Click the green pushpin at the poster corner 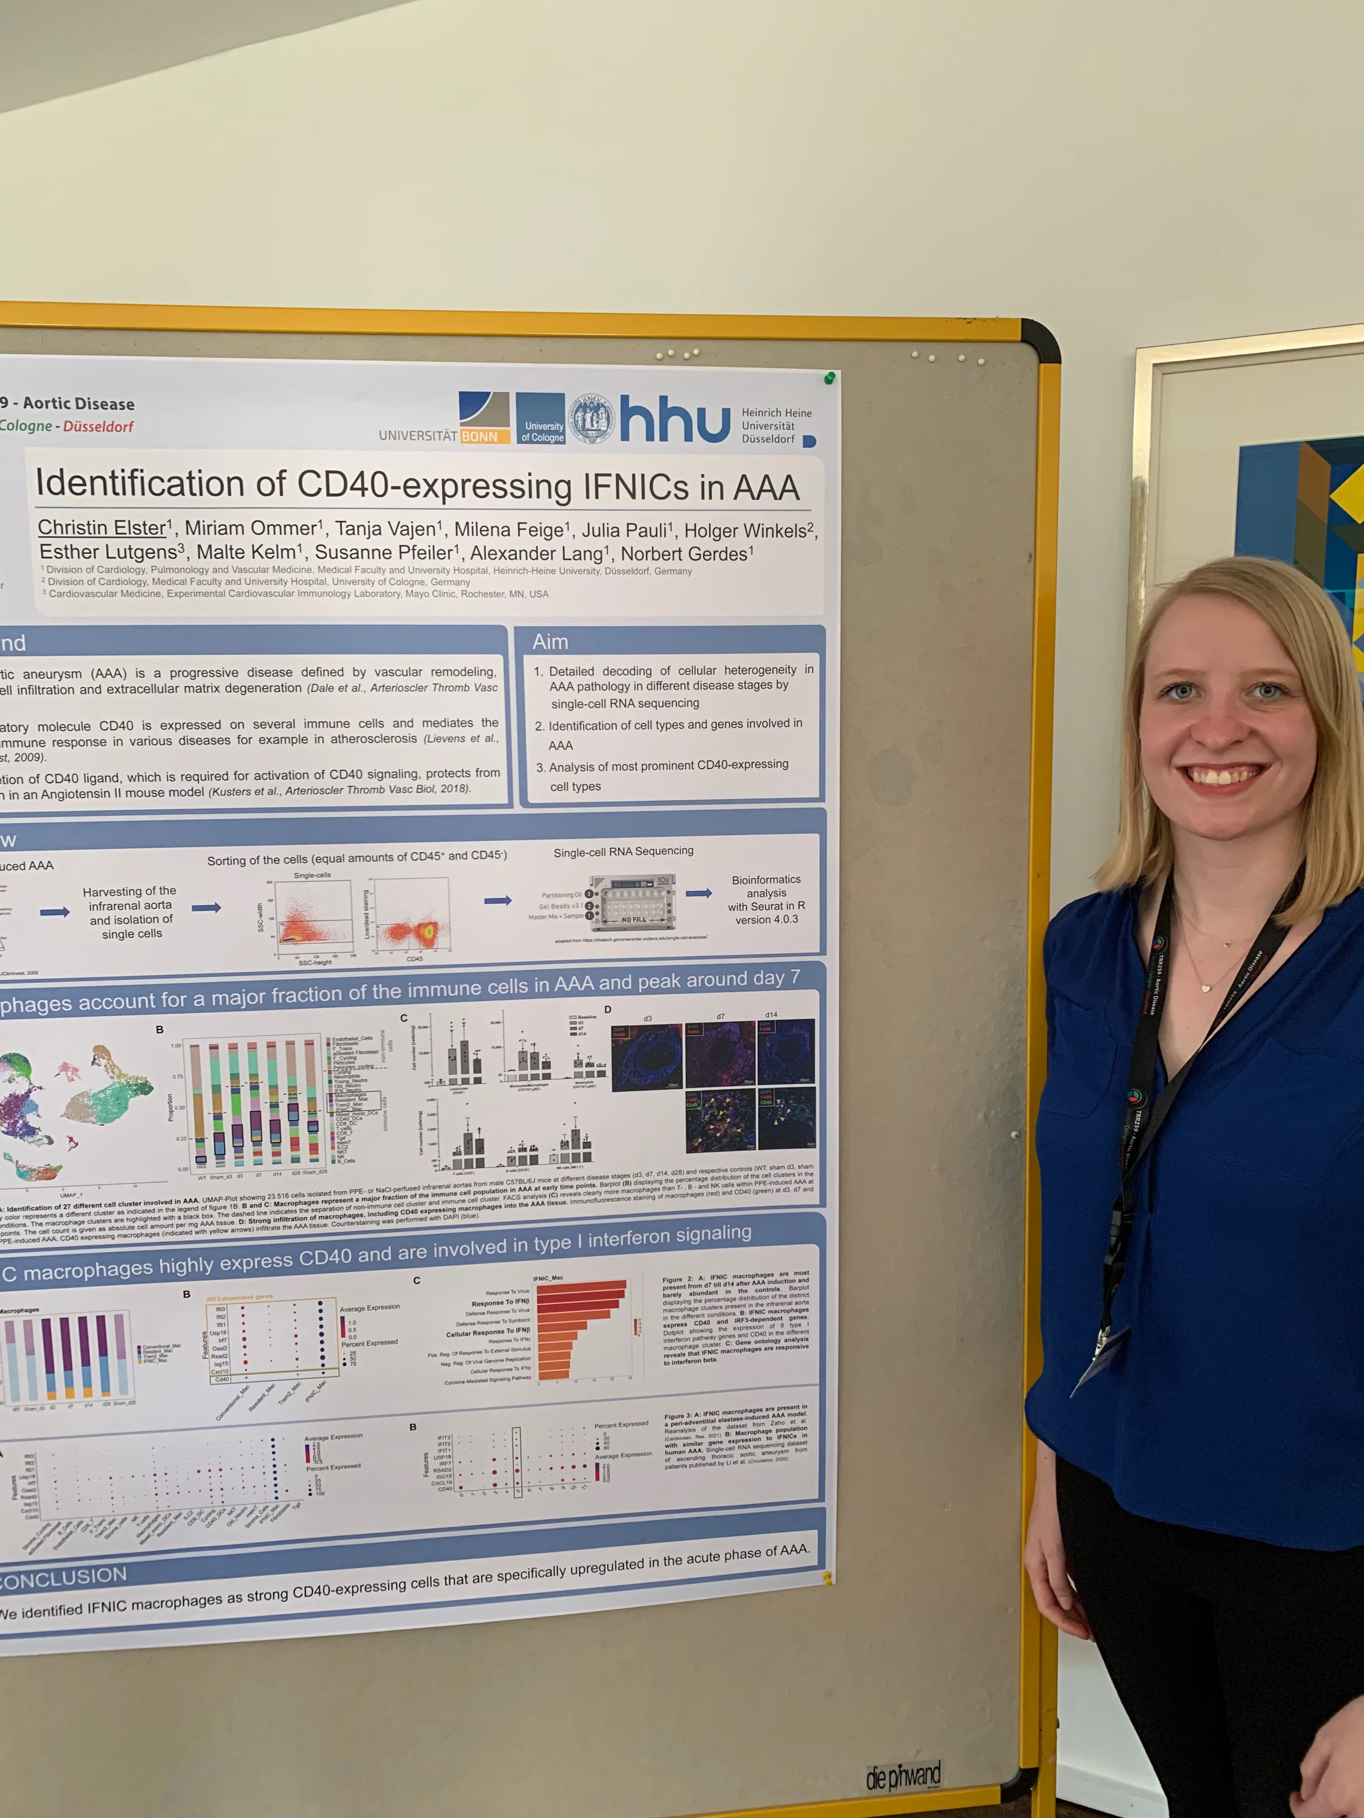[829, 378]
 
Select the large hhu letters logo [674, 419]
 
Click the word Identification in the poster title [140, 483]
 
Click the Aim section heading [550, 642]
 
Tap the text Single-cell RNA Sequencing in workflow [623, 851]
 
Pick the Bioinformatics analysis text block [766, 899]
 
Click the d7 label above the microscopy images [720, 1017]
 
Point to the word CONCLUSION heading [64, 1576]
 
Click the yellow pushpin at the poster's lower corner [827, 1577]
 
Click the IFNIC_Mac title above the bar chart [548, 1278]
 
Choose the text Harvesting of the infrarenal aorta [130, 912]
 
